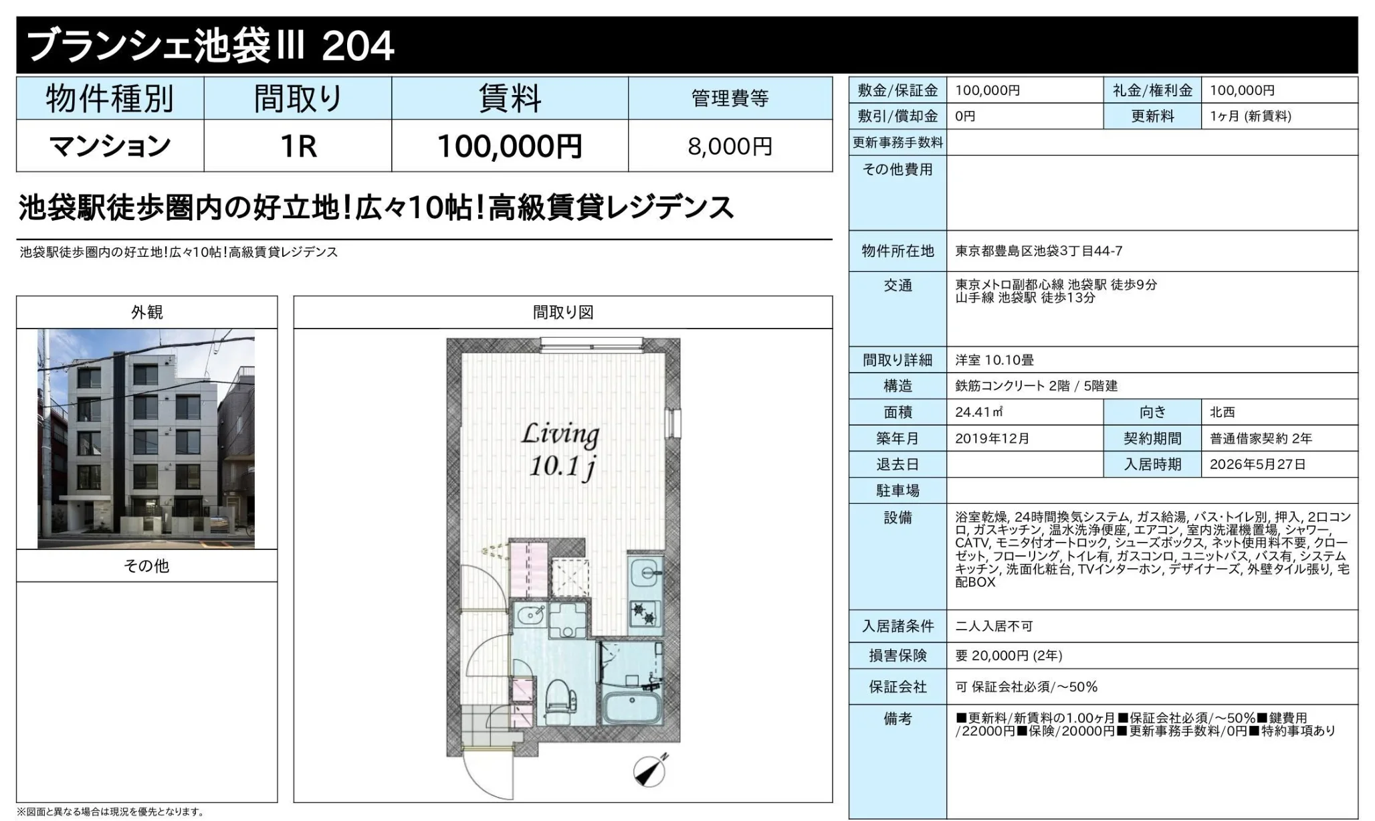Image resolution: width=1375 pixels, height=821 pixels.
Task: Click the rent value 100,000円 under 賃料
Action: (x=510, y=147)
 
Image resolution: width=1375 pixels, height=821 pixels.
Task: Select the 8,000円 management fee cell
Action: (x=730, y=147)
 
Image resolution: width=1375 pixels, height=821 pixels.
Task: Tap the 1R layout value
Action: (x=298, y=147)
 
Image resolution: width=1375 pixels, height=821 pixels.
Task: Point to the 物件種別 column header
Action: (x=110, y=99)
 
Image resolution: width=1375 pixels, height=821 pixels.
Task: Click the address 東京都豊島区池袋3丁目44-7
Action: (x=1039, y=251)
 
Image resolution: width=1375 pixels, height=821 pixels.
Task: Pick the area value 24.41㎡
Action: (x=979, y=412)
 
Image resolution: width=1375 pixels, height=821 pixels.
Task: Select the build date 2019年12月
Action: (x=992, y=438)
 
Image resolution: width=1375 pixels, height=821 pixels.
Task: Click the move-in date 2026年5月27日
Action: (x=1257, y=464)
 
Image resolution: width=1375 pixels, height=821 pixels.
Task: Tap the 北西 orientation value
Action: (x=1223, y=412)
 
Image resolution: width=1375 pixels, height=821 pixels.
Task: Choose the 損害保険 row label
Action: (x=897, y=656)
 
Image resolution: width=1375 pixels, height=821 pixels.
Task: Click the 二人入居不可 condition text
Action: (x=994, y=626)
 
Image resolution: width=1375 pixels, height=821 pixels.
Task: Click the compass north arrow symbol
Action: (x=651, y=770)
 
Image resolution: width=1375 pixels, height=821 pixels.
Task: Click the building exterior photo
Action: (x=146, y=438)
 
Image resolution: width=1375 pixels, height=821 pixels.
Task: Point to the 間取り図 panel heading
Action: (x=563, y=312)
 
